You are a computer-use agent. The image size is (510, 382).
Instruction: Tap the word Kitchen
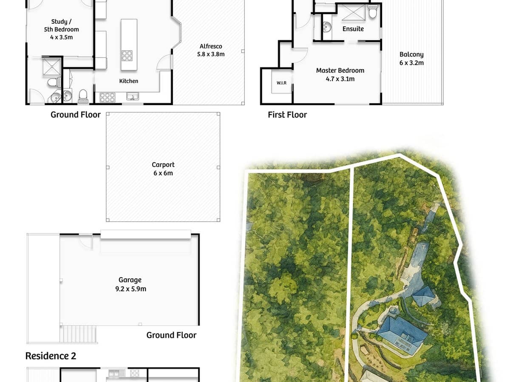(128, 81)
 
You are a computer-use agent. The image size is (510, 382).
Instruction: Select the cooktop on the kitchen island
(127, 56)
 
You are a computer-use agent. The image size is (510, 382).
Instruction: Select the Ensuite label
(353, 29)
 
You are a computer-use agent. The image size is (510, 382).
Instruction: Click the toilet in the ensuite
(373, 13)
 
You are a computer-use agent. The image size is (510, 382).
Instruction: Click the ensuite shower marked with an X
(354, 13)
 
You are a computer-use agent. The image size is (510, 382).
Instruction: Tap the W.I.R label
(281, 83)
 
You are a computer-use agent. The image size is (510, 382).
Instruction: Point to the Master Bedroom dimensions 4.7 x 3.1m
(340, 79)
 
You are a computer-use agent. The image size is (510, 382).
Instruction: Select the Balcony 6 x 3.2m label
(411, 59)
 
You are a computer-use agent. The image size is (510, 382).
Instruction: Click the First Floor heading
(287, 115)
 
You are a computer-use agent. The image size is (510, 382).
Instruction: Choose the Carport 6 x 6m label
(163, 169)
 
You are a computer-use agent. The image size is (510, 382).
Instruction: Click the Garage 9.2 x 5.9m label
(130, 284)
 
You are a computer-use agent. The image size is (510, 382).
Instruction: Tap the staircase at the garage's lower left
(78, 334)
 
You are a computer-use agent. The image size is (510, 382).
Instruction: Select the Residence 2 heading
(51, 356)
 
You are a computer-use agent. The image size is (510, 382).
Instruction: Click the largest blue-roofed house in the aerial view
(402, 333)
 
